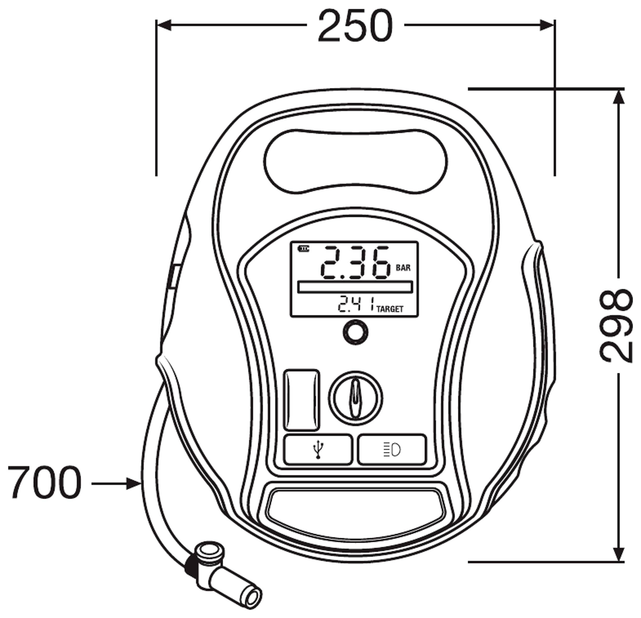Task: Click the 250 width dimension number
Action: pyautogui.click(x=355, y=26)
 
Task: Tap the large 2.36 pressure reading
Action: pyautogui.click(x=355, y=263)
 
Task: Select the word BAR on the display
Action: pyautogui.click(x=403, y=268)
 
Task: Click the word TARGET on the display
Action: pyautogui.click(x=390, y=309)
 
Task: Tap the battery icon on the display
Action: pyautogui.click(x=303, y=249)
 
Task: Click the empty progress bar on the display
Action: pyautogui.click(x=355, y=287)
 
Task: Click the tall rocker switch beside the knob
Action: pyautogui.click(x=301, y=400)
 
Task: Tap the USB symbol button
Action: pyautogui.click(x=318, y=449)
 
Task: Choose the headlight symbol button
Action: pyautogui.click(x=392, y=449)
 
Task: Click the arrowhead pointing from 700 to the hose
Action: pyautogui.click(x=134, y=483)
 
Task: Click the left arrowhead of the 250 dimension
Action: pyautogui.click(x=164, y=25)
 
